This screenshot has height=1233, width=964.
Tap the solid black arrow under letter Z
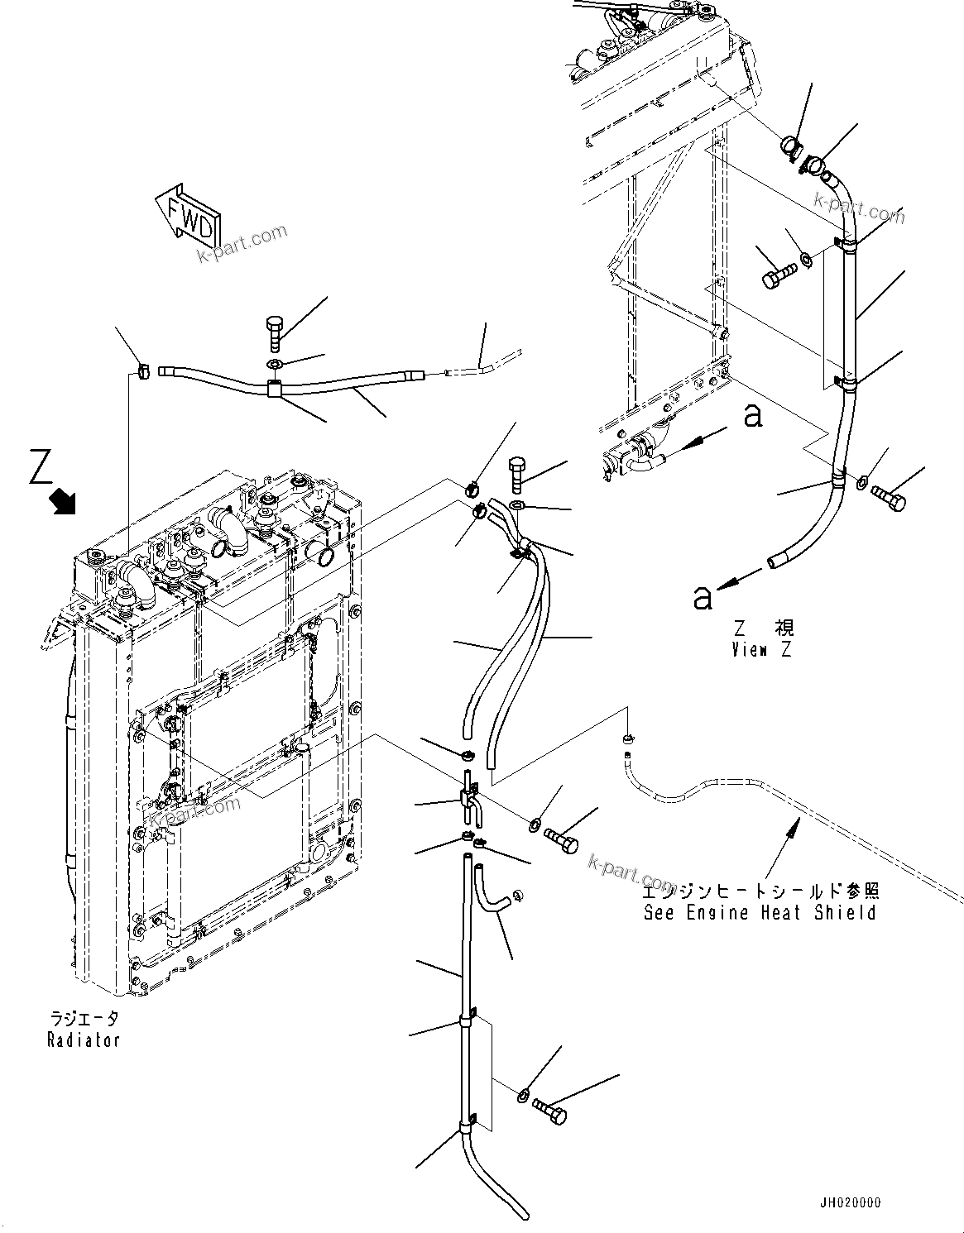(63, 500)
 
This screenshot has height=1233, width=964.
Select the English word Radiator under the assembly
(84, 1040)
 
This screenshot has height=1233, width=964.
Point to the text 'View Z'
(761, 649)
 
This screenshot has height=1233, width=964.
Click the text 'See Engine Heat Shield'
(760, 913)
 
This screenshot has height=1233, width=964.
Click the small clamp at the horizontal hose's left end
(142, 370)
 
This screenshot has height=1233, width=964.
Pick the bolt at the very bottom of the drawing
(550, 1110)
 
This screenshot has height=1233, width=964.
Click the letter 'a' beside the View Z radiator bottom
(752, 416)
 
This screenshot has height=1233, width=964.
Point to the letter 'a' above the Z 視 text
(703, 596)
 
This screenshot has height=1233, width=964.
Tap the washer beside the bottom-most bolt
(523, 1096)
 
